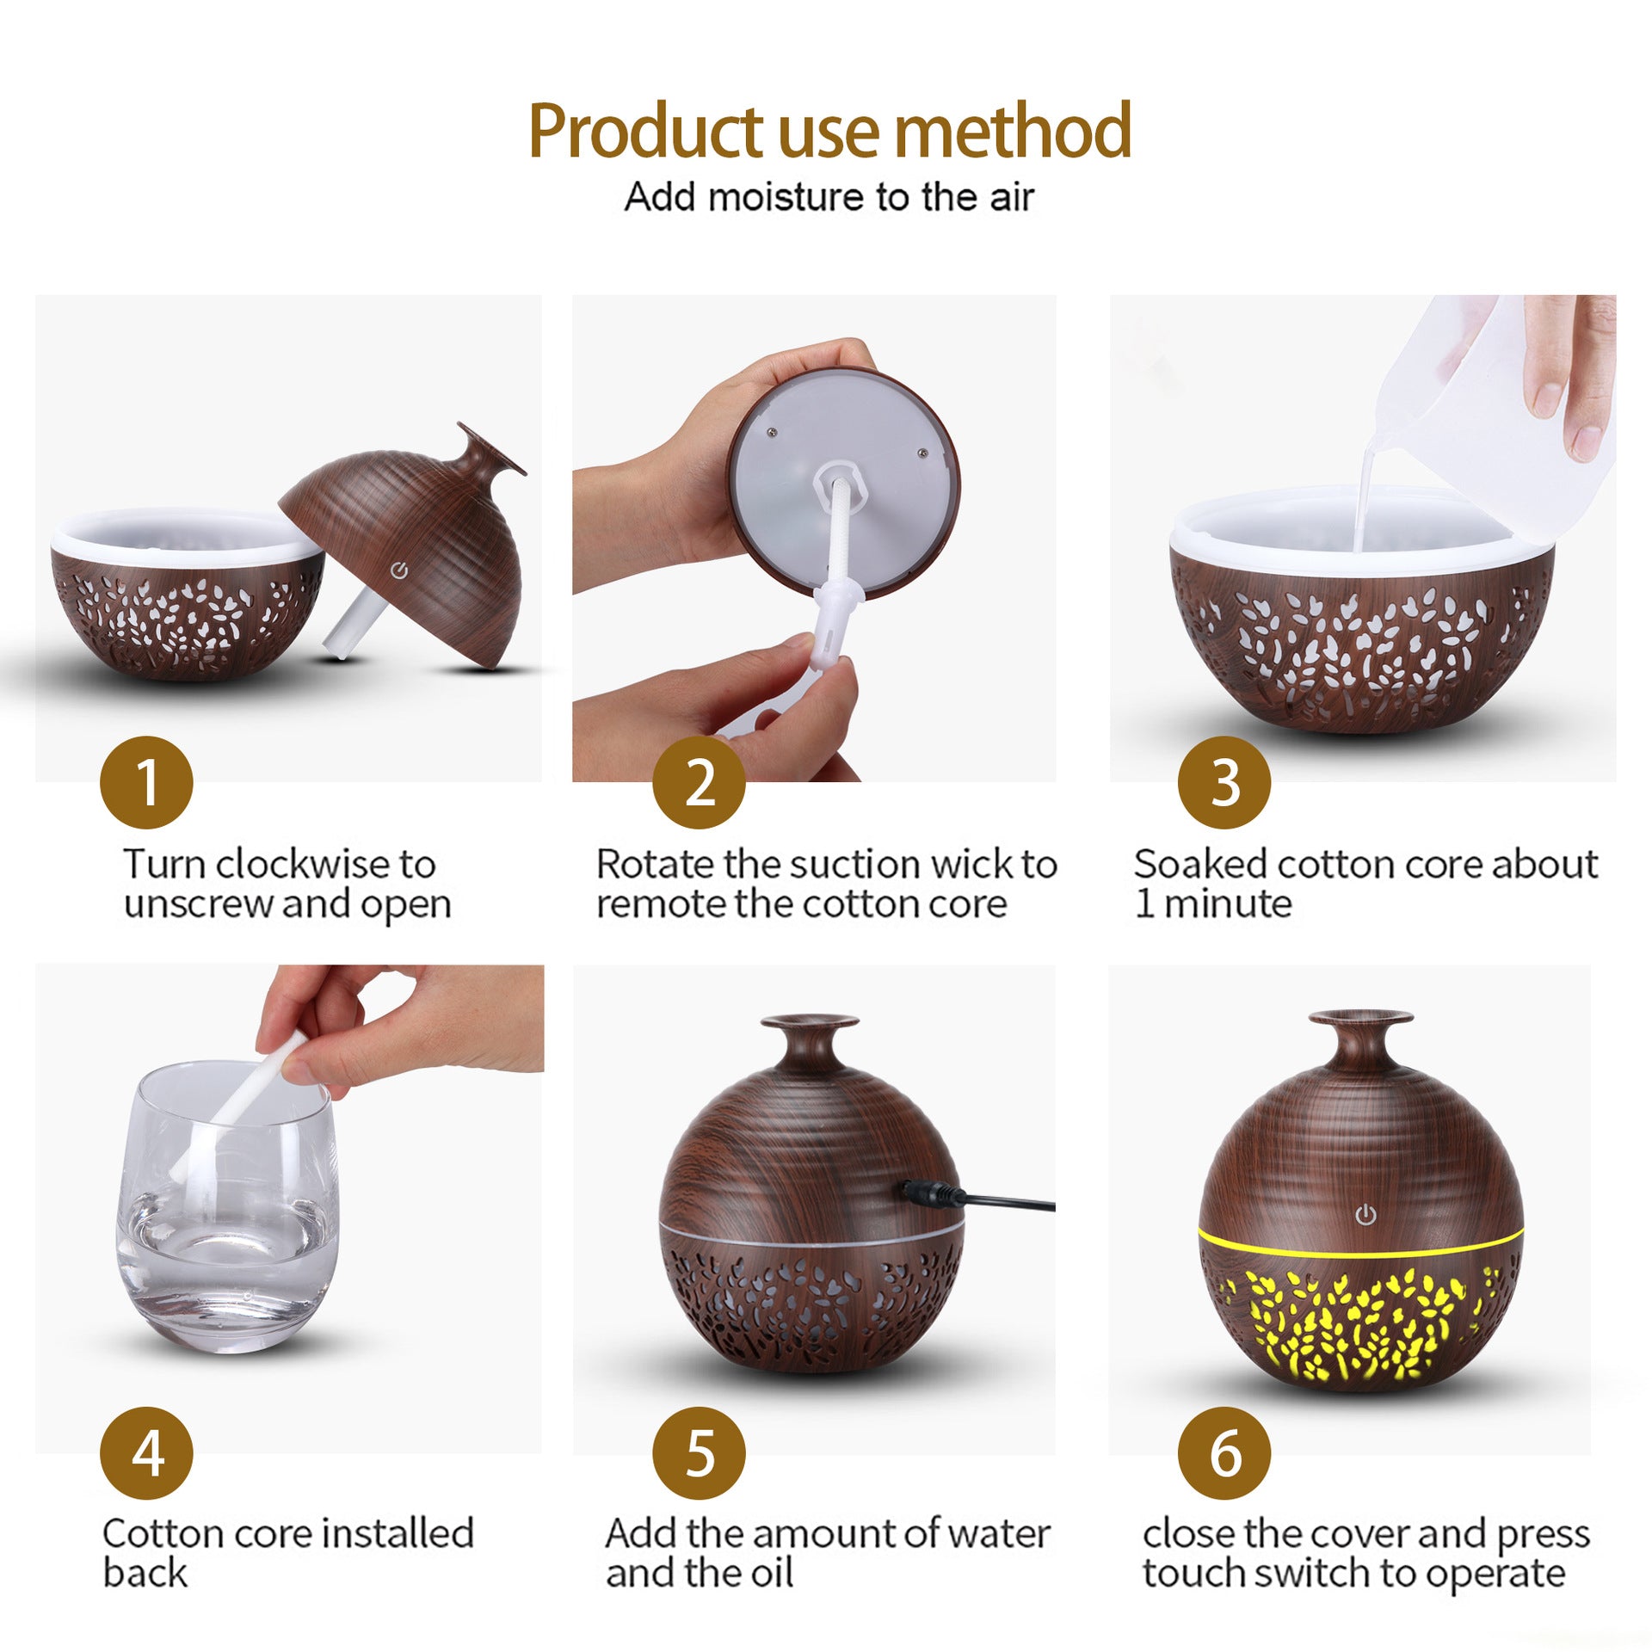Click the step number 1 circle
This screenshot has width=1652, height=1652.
146,782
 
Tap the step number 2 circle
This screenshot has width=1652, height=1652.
699,782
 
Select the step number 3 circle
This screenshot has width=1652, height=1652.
1224,782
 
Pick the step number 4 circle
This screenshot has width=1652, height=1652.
146,1453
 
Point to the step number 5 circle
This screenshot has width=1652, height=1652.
699,1453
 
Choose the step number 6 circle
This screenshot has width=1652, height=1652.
1224,1453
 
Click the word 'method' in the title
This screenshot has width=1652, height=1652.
1013,131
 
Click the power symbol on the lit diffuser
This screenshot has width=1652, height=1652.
1365,1215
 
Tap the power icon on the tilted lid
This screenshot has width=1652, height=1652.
398,570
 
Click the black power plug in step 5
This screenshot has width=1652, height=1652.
934,1193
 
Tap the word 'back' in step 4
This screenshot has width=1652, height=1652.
145,1573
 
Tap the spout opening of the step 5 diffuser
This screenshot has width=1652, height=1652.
810,1021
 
